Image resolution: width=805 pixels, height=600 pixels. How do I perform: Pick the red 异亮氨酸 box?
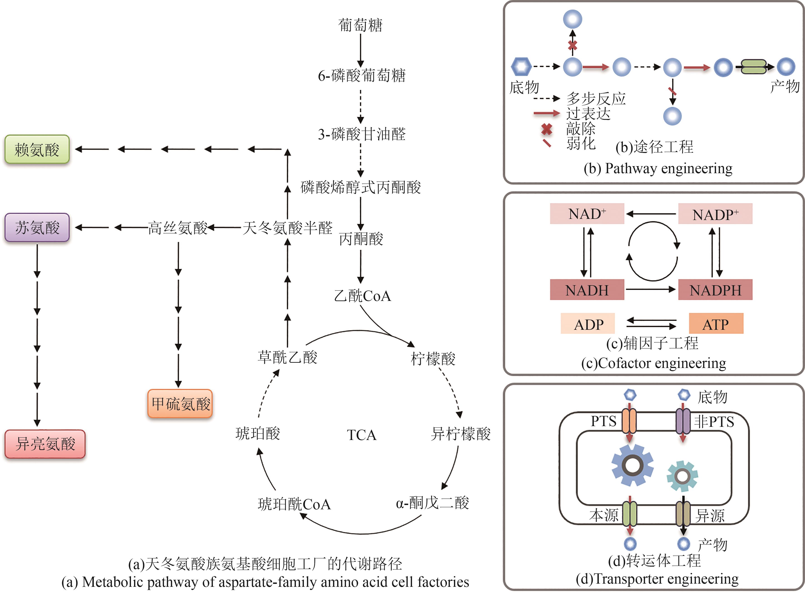[45, 444]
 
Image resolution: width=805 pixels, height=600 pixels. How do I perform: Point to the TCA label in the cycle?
[361, 435]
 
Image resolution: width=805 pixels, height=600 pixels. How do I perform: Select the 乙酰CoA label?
[362, 296]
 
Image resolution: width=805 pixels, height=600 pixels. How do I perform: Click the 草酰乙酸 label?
[287, 357]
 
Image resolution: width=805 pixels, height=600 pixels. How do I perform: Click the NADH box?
[587, 290]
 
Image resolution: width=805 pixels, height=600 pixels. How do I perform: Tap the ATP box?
[716, 324]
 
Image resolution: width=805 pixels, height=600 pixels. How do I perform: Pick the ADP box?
[588, 324]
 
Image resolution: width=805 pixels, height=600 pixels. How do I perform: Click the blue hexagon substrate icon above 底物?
[521, 66]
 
